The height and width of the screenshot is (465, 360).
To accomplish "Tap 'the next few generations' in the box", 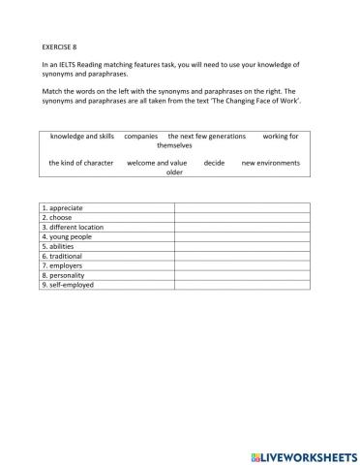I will (206, 137).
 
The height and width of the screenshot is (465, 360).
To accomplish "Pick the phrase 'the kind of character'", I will (81, 163).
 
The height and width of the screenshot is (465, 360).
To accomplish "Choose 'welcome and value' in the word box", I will (157, 163).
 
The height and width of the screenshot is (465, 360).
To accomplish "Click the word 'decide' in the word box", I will (214, 163).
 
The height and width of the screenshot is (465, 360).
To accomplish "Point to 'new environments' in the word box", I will (270, 163).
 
